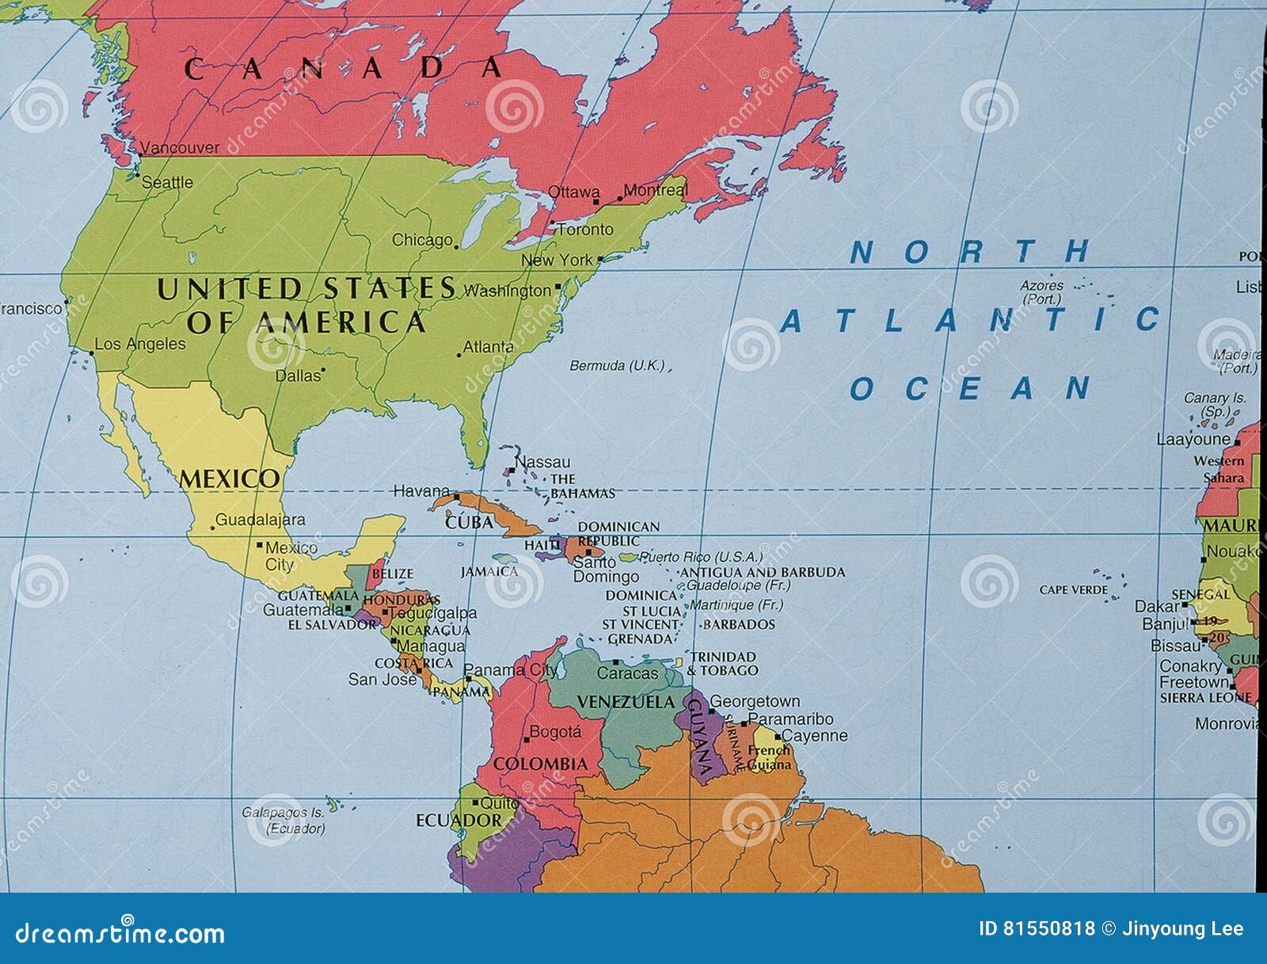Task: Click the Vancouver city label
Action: coord(180,147)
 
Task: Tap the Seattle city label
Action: coord(167,182)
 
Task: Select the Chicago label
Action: coord(422,240)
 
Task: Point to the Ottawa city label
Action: coord(573,192)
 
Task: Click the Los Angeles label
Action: coord(140,345)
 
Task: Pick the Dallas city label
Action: coord(298,375)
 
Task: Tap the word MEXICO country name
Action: coord(230,479)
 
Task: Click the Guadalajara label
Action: coord(260,520)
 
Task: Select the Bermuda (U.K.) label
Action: coord(618,366)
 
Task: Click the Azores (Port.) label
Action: coord(1041,291)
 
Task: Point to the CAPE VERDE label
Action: coord(1073,590)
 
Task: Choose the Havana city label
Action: coord(421,491)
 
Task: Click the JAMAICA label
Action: coord(489,571)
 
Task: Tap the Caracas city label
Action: coord(627,673)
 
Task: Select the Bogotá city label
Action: coord(554,732)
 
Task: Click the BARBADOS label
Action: coord(739,624)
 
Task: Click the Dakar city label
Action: coord(1157,606)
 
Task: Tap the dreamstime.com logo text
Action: coord(120,933)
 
